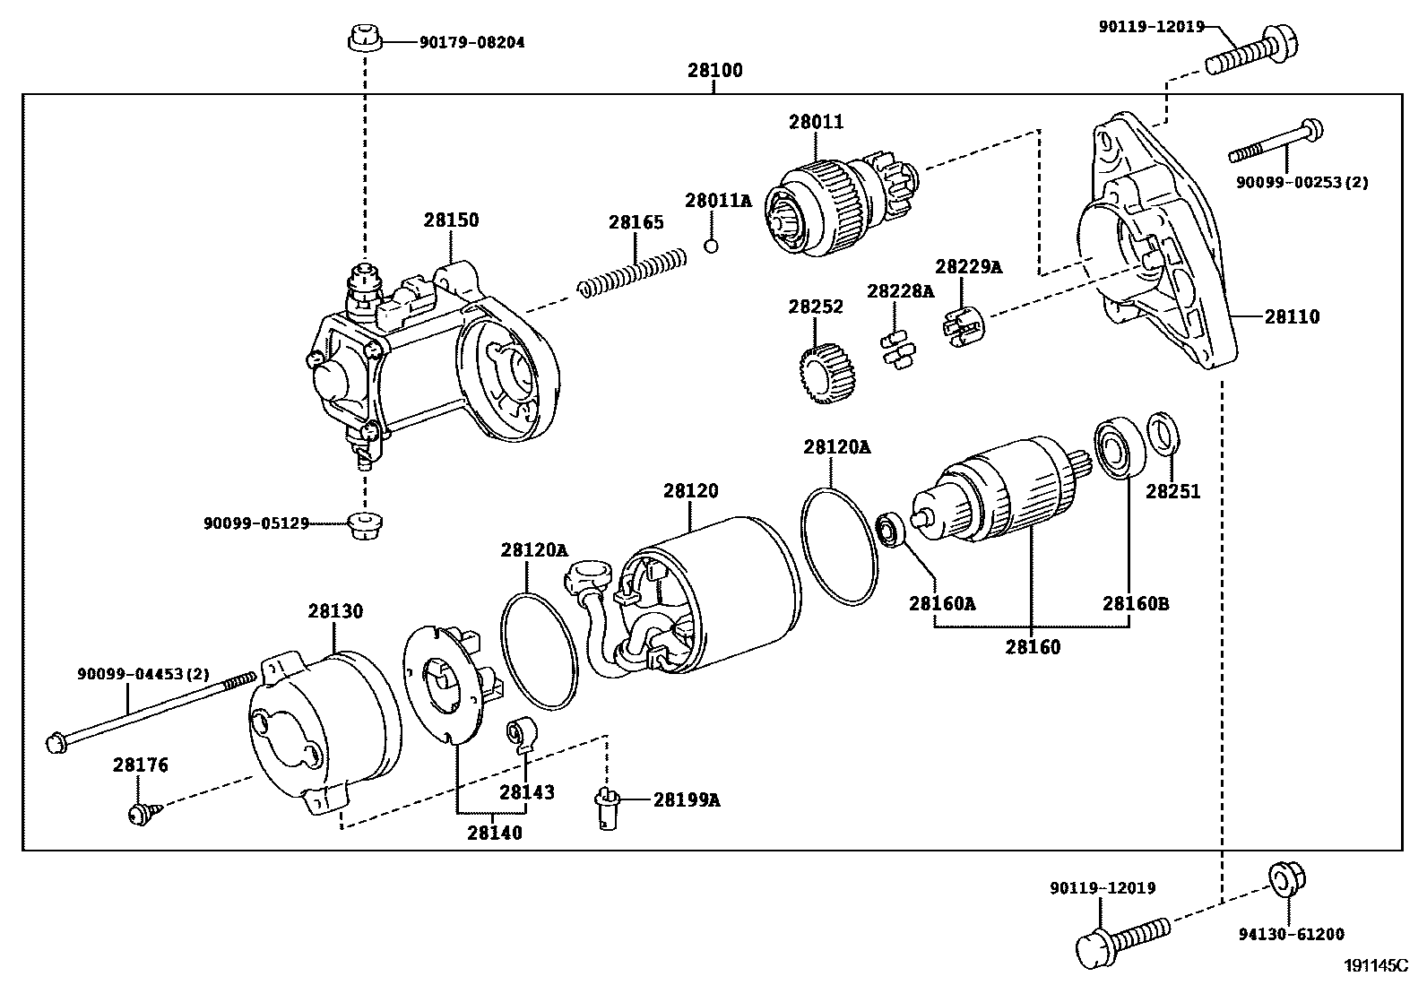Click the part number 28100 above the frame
(x=714, y=70)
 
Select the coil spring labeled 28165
(x=633, y=272)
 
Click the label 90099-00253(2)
(x=1302, y=182)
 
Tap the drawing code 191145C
(x=1375, y=965)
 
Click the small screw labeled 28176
(x=141, y=813)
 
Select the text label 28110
(x=1292, y=316)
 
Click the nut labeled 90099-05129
(x=364, y=525)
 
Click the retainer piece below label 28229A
(x=964, y=324)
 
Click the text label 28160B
(x=1135, y=603)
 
